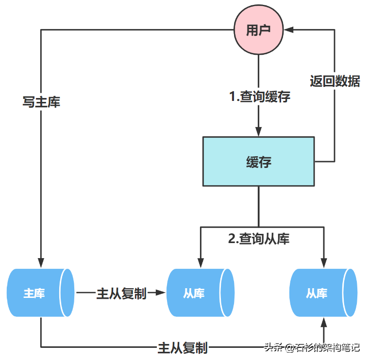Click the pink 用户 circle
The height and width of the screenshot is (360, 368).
tap(258, 30)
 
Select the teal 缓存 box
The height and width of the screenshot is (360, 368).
tap(258, 162)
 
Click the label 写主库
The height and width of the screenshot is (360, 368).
tap(41, 102)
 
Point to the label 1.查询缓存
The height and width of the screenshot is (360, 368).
tap(260, 97)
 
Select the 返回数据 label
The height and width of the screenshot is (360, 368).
tap(335, 81)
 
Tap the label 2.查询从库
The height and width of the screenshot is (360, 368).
tap(259, 239)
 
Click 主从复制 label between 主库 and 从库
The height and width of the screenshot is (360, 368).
tap(121, 293)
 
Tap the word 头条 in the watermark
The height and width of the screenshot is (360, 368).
tap(273, 347)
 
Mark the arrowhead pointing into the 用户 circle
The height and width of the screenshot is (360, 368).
tap(289, 30)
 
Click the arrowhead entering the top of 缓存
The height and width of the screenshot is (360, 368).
tap(258, 131)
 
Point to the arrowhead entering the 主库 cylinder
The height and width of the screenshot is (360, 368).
tap(41, 262)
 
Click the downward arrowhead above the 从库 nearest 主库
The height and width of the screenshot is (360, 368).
tap(200, 262)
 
